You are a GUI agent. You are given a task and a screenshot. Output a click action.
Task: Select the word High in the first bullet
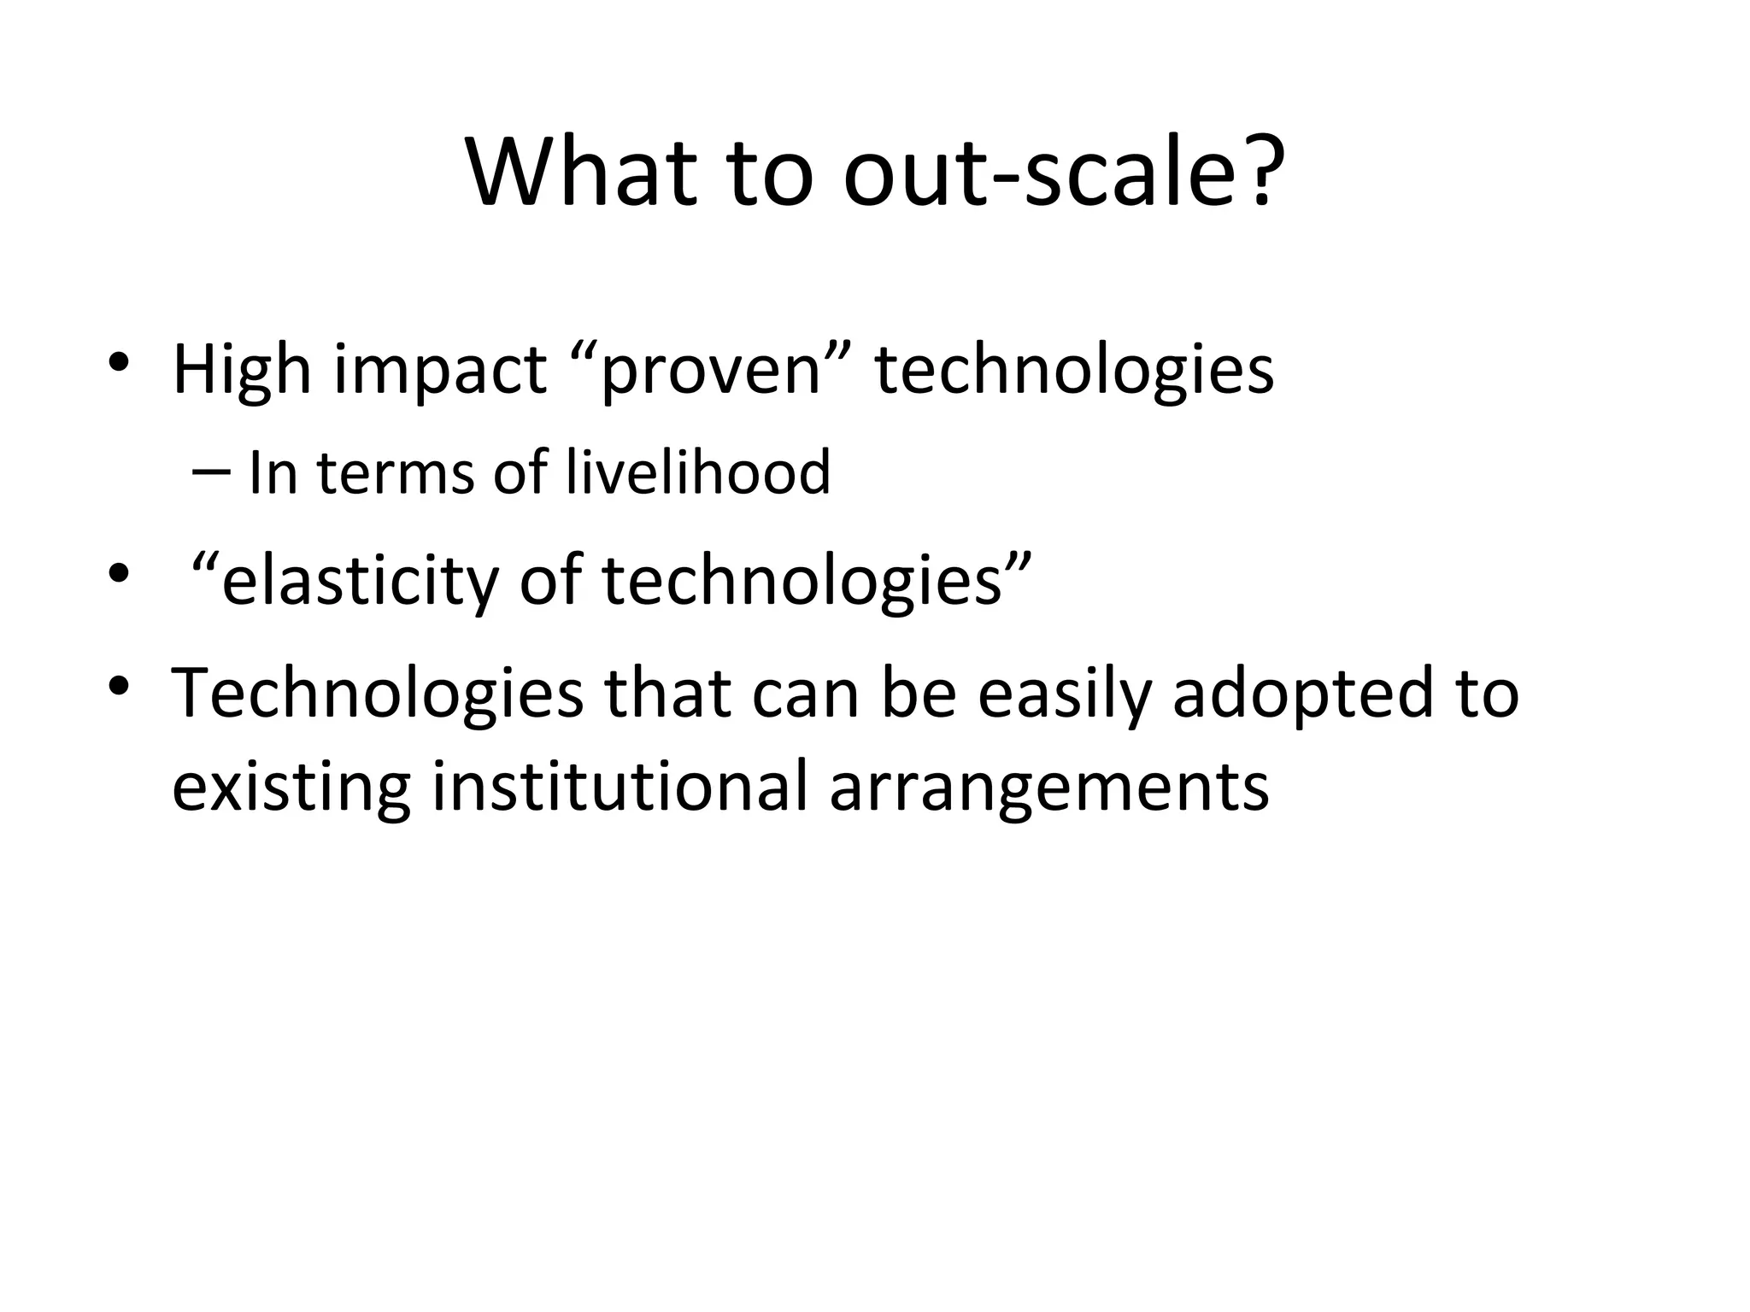coord(242,371)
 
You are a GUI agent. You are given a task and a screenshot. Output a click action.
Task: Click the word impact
coord(439,371)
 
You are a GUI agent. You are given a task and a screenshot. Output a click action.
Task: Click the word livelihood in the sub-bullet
coord(698,472)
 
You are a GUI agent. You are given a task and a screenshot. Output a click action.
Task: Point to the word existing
coord(291,786)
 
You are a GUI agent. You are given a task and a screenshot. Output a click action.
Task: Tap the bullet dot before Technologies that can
coord(119,684)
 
